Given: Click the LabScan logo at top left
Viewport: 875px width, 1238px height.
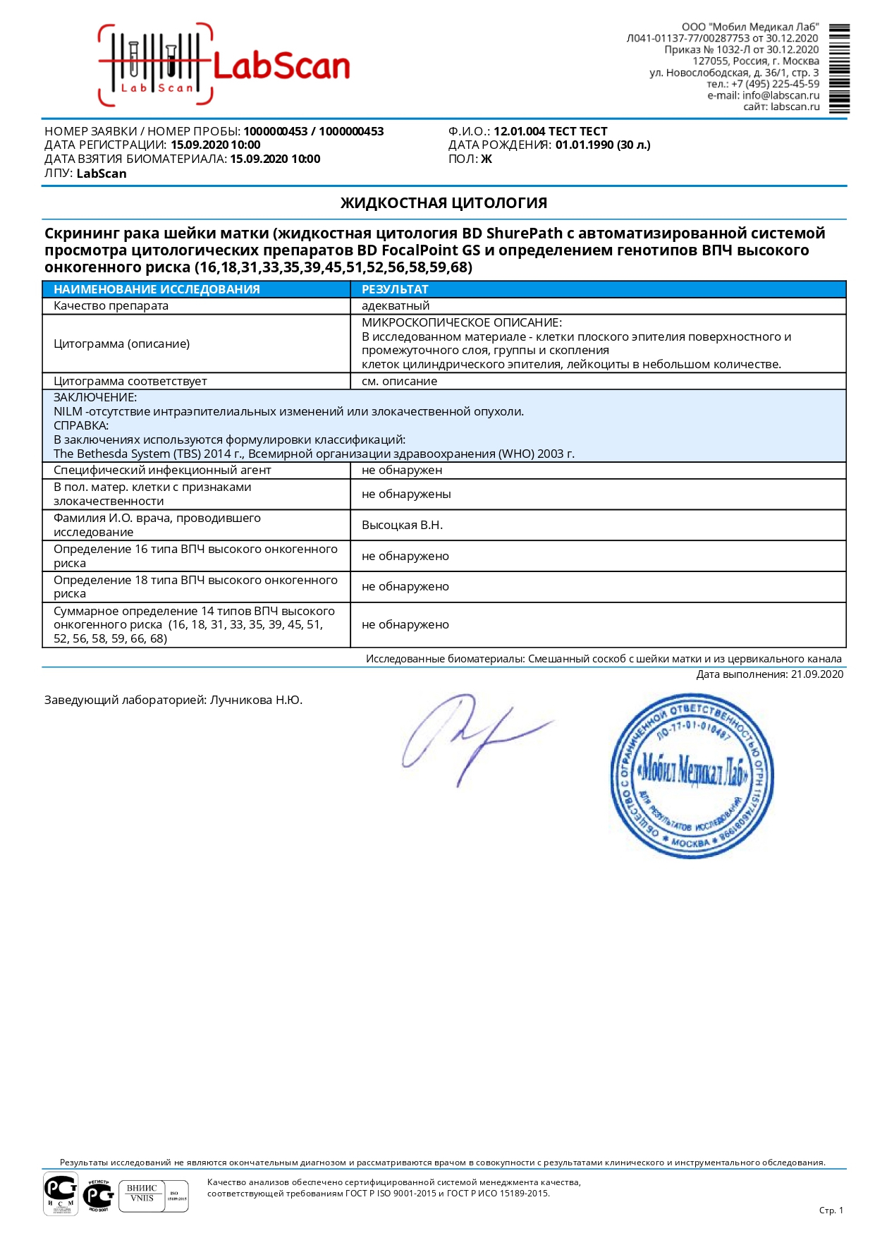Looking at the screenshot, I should tap(224, 66).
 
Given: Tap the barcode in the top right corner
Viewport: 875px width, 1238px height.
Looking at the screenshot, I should tap(839, 68).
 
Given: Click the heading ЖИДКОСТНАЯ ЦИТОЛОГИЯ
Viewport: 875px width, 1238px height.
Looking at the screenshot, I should tap(443, 203).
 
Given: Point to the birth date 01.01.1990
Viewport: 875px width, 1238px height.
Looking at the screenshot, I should tap(585, 145).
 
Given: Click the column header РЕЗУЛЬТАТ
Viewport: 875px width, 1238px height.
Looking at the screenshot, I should tap(395, 289).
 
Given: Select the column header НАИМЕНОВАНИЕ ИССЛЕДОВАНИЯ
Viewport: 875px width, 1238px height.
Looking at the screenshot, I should tap(157, 289).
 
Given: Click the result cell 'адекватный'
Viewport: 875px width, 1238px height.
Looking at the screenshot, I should tap(396, 306).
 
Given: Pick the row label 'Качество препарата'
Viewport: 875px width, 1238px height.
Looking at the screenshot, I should tap(111, 306).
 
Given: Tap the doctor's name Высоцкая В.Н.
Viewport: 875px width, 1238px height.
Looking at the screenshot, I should tap(402, 526).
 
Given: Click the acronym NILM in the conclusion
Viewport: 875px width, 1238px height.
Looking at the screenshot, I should tap(68, 412).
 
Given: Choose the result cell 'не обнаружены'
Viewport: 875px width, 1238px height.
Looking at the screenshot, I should tap(406, 494).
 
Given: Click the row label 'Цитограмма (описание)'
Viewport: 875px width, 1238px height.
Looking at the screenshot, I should tap(121, 344).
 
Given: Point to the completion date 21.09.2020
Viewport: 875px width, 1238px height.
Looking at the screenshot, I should tap(816, 674).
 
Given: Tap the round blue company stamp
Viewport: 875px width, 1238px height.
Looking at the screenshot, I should tap(691, 775).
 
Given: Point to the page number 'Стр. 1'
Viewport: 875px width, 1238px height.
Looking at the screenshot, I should tap(831, 1210).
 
